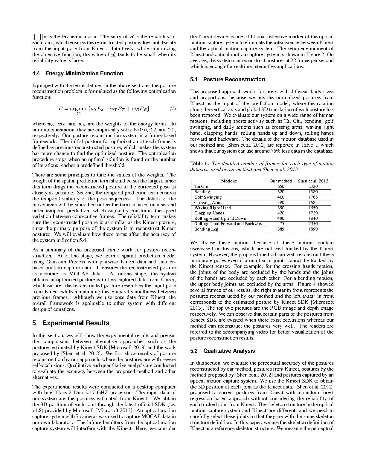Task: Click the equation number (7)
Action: (173, 109)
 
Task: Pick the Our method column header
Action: (280, 181)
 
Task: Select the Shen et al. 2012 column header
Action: (313, 181)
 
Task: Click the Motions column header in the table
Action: (229, 181)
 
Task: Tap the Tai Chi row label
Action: (201, 187)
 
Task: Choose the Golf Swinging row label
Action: (208, 197)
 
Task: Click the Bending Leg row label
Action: (206, 229)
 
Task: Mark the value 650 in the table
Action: (280, 187)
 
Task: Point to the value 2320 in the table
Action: (313, 187)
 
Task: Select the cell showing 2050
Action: (313, 224)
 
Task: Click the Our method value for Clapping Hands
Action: (280, 213)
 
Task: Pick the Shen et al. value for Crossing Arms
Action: (313, 203)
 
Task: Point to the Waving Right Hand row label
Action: (212, 208)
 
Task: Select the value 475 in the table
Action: (280, 224)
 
